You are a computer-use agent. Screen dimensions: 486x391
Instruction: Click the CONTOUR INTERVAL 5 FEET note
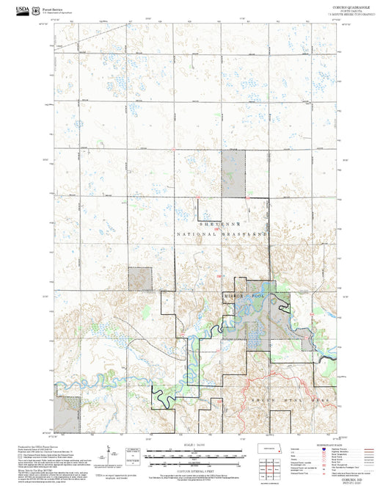(194, 469)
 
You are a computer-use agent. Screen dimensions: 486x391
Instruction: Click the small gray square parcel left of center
(139, 278)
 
